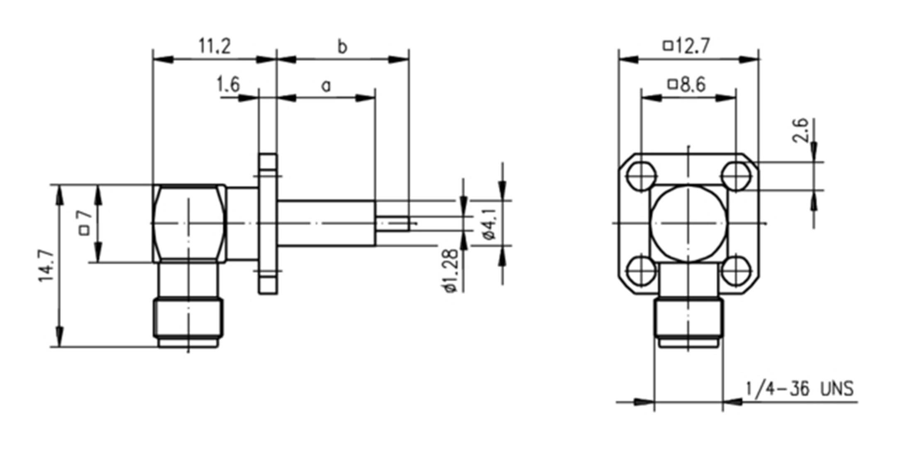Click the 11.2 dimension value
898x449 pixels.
click(x=215, y=46)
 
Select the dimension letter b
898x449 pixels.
click(x=342, y=47)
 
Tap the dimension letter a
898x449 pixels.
click(x=327, y=86)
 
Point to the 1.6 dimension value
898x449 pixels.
click(x=228, y=85)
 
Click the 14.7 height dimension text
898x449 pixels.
click(x=47, y=266)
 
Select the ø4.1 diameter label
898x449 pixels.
click(x=490, y=224)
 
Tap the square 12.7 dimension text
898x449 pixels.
click(x=687, y=46)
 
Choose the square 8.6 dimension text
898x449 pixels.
click(x=687, y=85)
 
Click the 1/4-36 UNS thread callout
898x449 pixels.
click(x=799, y=389)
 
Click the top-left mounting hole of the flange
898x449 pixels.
click(x=642, y=176)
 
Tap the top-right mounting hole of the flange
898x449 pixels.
click(x=736, y=176)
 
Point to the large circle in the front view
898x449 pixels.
click(x=689, y=224)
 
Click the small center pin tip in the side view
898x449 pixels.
click(x=393, y=224)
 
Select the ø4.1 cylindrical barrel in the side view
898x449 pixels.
click(x=327, y=224)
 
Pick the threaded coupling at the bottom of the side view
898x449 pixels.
click(x=188, y=317)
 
